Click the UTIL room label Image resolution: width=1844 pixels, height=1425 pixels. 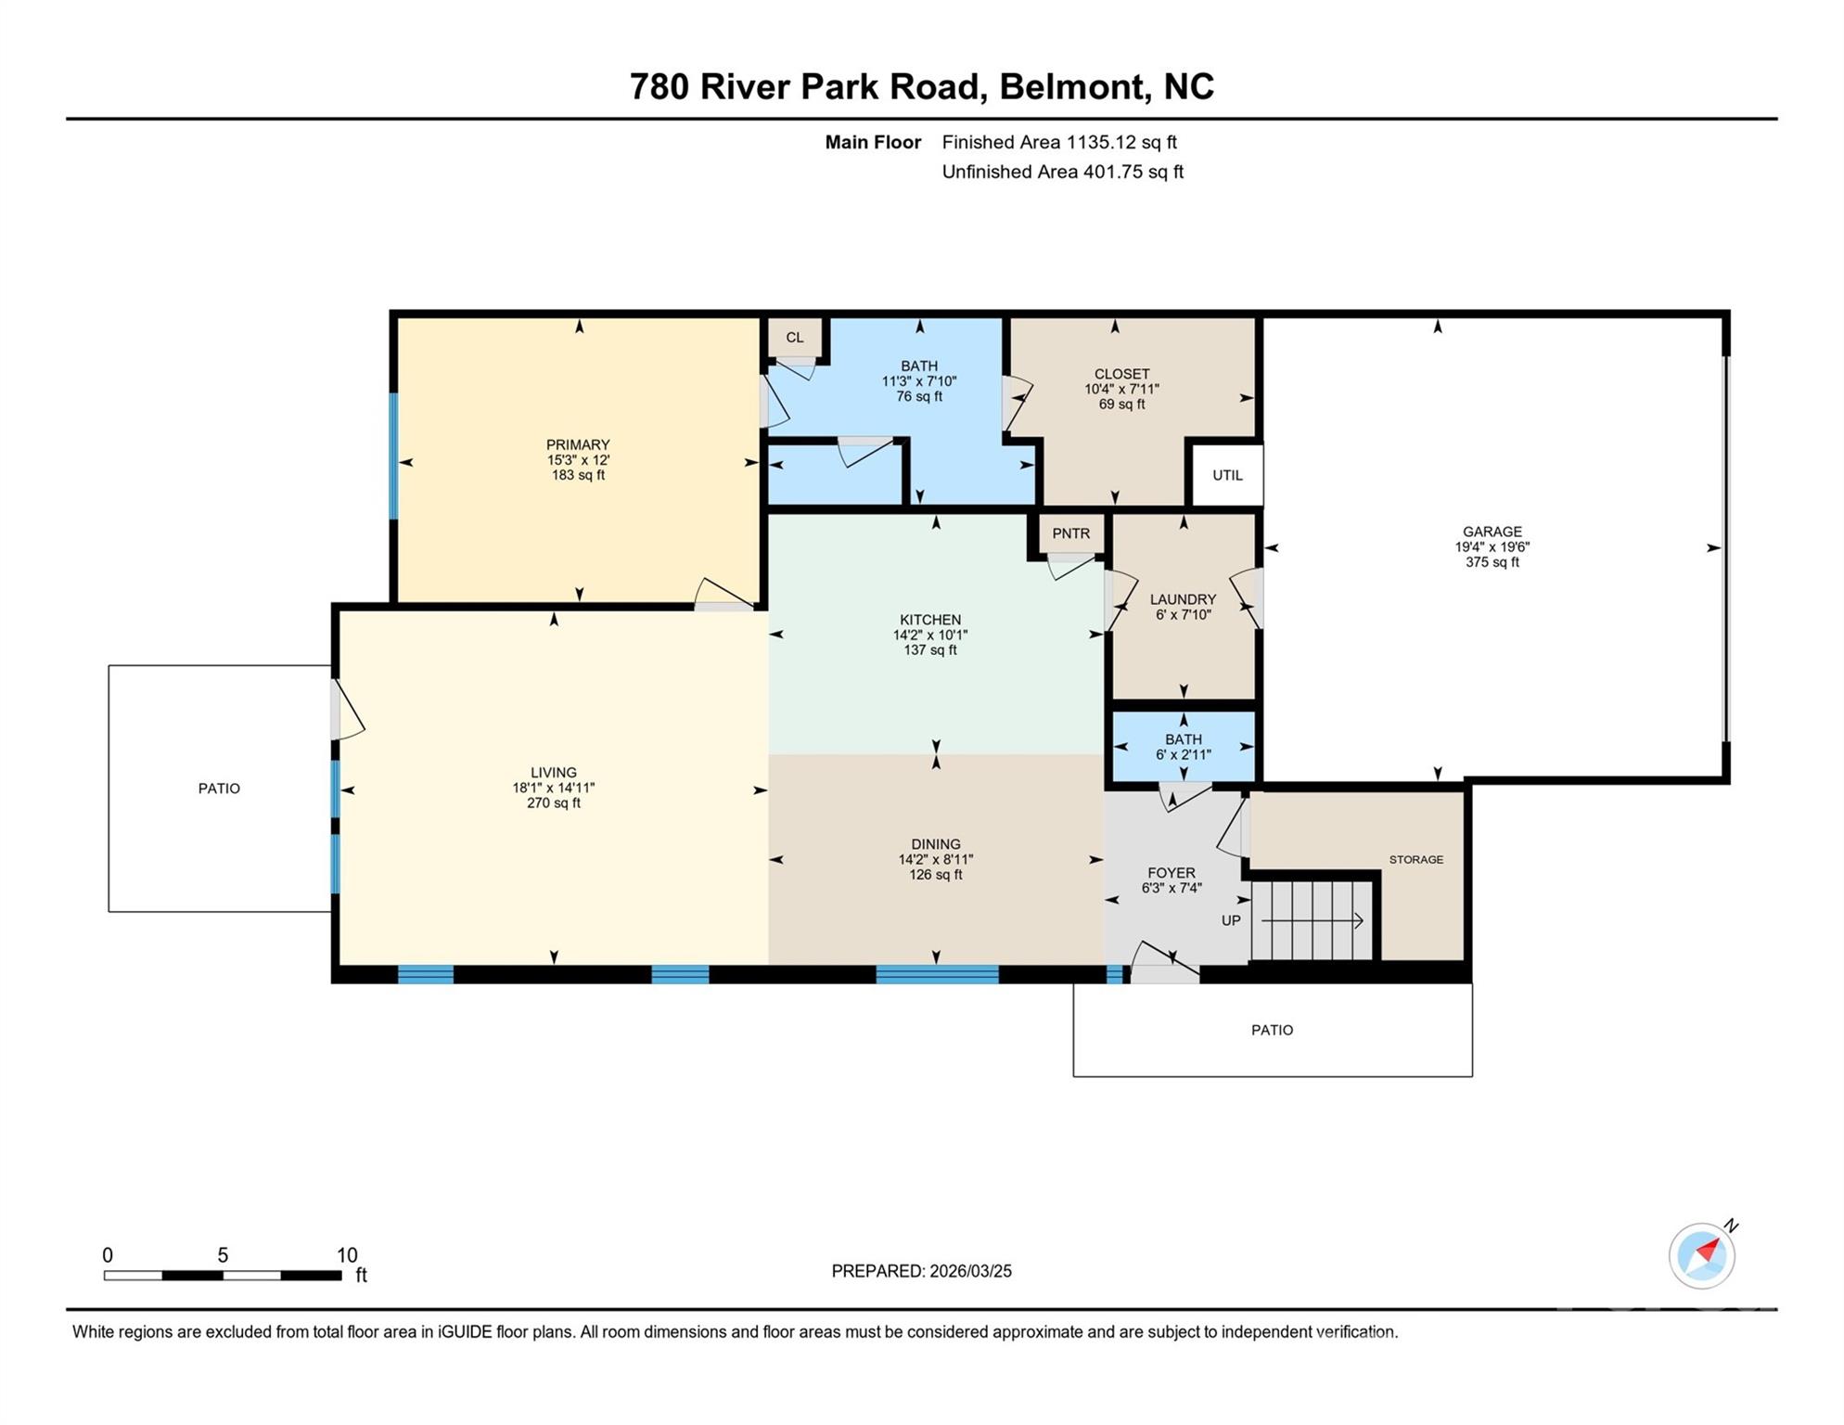(x=1226, y=475)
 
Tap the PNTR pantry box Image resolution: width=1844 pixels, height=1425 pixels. (x=1070, y=533)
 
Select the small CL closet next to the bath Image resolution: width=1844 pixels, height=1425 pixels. (x=795, y=338)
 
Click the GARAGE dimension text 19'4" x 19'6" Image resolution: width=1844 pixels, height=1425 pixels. (x=1492, y=547)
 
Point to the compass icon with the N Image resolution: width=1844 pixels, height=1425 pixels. (x=1701, y=1255)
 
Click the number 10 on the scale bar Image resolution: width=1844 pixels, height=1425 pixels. (x=346, y=1255)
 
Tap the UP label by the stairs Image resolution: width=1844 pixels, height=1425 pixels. (x=1230, y=920)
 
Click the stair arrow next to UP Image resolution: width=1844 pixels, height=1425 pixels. (x=1312, y=921)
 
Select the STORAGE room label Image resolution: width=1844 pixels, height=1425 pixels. (x=1415, y=860)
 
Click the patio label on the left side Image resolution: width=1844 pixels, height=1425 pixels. (x=219, y=789)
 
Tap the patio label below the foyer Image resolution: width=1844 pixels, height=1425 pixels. (x=1272, y=1030)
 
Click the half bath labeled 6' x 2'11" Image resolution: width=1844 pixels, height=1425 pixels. (x=1183, y=747)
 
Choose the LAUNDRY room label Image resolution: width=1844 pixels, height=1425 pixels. (x=1183, y=599)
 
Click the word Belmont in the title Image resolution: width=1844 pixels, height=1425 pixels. (x=1071, y=86)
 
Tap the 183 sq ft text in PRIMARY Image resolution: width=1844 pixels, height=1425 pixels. (x=578, y=475)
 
